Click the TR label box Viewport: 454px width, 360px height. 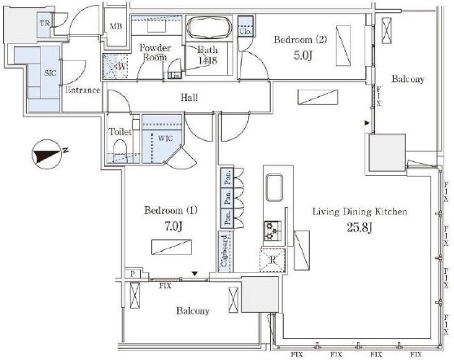click(47, 24)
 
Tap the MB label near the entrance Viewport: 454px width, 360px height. click(116, 26)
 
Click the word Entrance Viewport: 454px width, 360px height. click(82, 90)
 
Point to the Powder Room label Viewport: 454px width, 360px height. click(153, 52)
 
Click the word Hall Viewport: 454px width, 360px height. click(190, 99)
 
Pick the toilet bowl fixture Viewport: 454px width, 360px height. click(120, 150)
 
